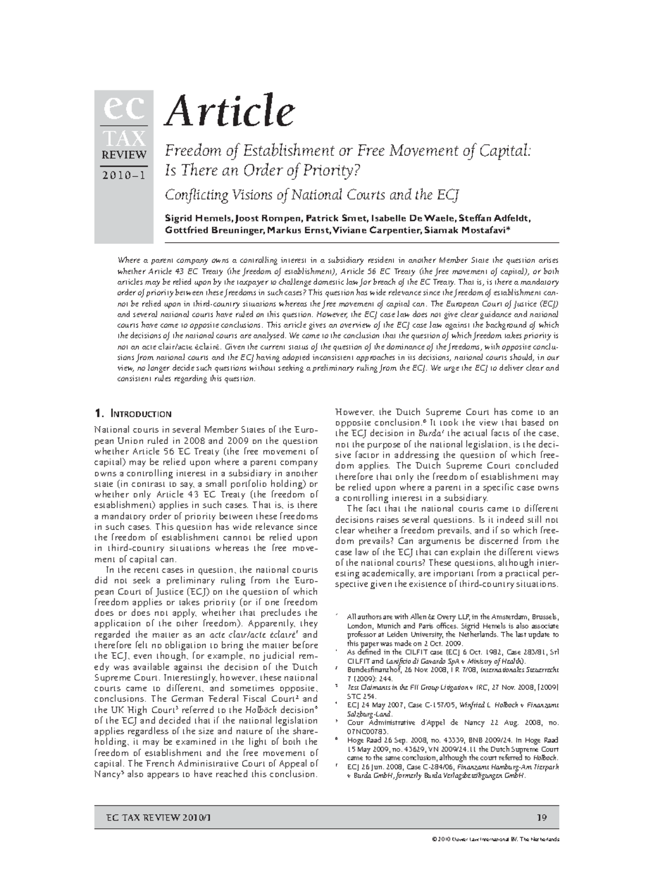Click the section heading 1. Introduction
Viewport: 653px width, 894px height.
tap(133, 414)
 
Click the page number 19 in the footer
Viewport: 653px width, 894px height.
tap(541, 817)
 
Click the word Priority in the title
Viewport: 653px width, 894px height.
tap(330, 171)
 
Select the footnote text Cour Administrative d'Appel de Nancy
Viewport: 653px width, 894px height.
tap(403, 723)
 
